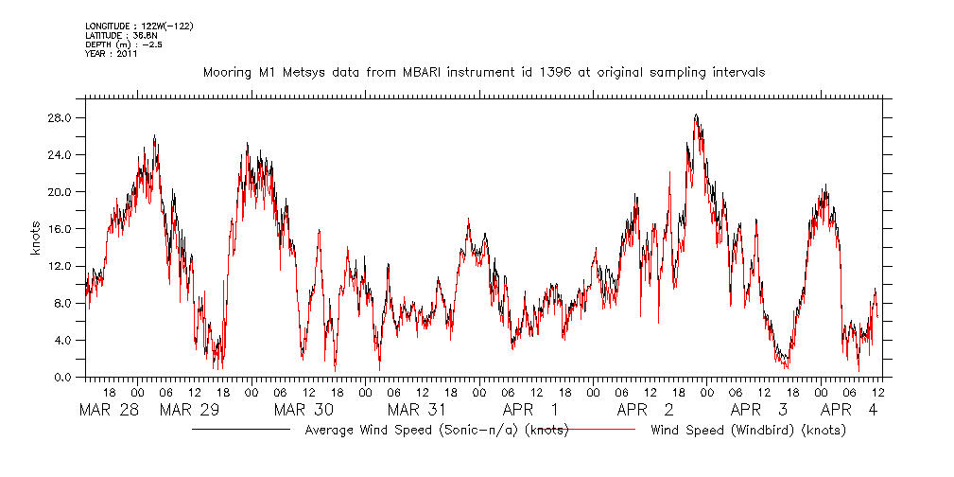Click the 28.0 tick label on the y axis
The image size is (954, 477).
61,118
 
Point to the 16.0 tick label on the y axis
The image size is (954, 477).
61,229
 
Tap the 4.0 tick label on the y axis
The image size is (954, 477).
64,341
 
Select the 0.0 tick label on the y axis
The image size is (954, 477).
64,378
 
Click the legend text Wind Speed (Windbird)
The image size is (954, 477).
748,431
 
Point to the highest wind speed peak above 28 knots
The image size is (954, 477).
696,115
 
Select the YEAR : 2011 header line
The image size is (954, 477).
112,54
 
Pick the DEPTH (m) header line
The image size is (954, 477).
124,44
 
